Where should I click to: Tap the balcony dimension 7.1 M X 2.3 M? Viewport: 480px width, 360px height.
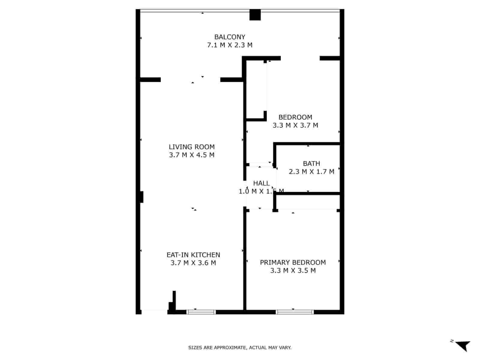point(229,45)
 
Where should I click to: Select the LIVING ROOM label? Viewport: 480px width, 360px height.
point(192,147)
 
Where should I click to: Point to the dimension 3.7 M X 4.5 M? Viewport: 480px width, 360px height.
point(192,155)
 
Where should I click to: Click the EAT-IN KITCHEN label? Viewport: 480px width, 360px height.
point(193,255)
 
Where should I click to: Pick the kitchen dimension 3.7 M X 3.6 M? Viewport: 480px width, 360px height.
point(193,263)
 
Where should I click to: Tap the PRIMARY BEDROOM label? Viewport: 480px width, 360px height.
point(293,262)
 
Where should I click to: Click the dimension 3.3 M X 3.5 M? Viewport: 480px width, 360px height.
point(293,270)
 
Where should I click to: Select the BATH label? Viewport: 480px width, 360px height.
point(311,163)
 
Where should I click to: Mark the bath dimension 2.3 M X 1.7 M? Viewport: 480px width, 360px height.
point(311,172)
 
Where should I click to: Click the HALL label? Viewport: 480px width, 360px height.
point(261,183)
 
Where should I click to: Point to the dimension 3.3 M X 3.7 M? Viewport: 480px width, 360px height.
point(295,125)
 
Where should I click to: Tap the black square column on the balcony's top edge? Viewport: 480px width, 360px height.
point(255,15)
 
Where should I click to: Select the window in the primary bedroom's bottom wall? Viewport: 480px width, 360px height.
point(295,312)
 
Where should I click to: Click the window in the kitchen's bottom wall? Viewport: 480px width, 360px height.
point(201,312)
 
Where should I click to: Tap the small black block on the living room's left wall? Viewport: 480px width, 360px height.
point(142,197)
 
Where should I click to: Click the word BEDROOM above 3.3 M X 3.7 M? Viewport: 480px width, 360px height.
point(295,117)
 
